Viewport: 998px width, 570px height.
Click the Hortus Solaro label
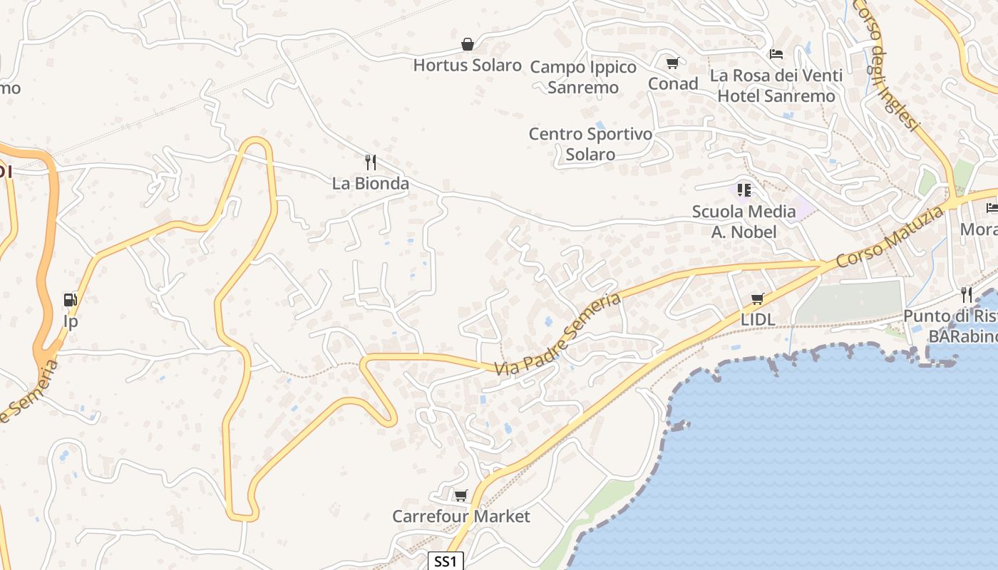(x=467, y=66)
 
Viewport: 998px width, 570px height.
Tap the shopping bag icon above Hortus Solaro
(x=467, y=45)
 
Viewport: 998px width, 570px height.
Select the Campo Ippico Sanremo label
(x=583, y=77)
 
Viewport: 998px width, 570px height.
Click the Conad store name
(x=672, y=83)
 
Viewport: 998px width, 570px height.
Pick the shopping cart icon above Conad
(x=672, y=63)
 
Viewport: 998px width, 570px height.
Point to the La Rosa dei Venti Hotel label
(x=776, y=85)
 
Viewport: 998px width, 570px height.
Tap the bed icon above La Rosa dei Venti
(x=776, y=54)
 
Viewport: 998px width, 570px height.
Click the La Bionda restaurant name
(x=371, y=183)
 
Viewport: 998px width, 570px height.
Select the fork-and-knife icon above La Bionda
(x=370, y=162)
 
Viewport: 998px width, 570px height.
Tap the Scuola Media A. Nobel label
(x=744, y=221)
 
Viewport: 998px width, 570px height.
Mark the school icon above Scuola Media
(x=744, y=190)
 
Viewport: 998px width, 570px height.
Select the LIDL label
(x=757, y=320)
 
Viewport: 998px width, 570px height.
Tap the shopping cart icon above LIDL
(x=757, y=299)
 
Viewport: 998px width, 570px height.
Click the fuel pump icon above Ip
(x=70, y=300)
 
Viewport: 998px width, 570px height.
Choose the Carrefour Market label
(x=461, y=516)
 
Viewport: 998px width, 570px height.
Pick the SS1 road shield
(x=446, y=561)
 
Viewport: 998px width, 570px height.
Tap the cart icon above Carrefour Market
(x=461, y=495)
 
